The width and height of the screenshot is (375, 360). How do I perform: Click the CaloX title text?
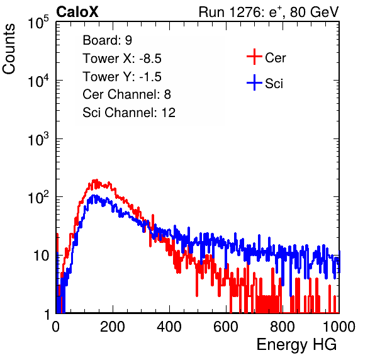pos(77,12)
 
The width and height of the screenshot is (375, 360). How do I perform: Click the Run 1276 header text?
pos(269,12)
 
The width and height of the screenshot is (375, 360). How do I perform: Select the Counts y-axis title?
pos(9,49)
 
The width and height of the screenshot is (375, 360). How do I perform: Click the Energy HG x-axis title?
pos(296,345)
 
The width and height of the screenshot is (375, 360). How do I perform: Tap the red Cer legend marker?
pos(254,57)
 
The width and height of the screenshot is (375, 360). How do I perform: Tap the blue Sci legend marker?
pos(254,82)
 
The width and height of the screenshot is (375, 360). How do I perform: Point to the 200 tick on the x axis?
pos(113,327)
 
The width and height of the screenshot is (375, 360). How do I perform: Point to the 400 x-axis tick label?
pos(169,327)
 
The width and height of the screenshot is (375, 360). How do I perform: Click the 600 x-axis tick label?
pos(226,327)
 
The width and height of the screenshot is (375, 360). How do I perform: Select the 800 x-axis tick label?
pos(283,327)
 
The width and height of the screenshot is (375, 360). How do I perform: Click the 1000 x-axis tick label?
pos(339,327)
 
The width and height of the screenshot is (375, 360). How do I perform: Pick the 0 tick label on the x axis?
pos(56,327)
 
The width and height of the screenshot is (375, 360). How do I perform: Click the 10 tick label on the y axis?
pos(42,256)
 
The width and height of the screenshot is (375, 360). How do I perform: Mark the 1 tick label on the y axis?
pos(47,314)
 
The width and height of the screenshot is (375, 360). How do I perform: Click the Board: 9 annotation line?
pos(108,40)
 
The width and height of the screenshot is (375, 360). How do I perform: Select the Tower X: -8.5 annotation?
pos(122,59)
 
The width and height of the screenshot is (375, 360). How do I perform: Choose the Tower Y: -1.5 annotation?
pos(122,77)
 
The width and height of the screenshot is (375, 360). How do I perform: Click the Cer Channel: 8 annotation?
pos(126,94)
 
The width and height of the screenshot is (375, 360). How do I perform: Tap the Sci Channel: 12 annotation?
pos(129,113)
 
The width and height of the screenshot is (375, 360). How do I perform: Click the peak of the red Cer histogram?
pos(96,180)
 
